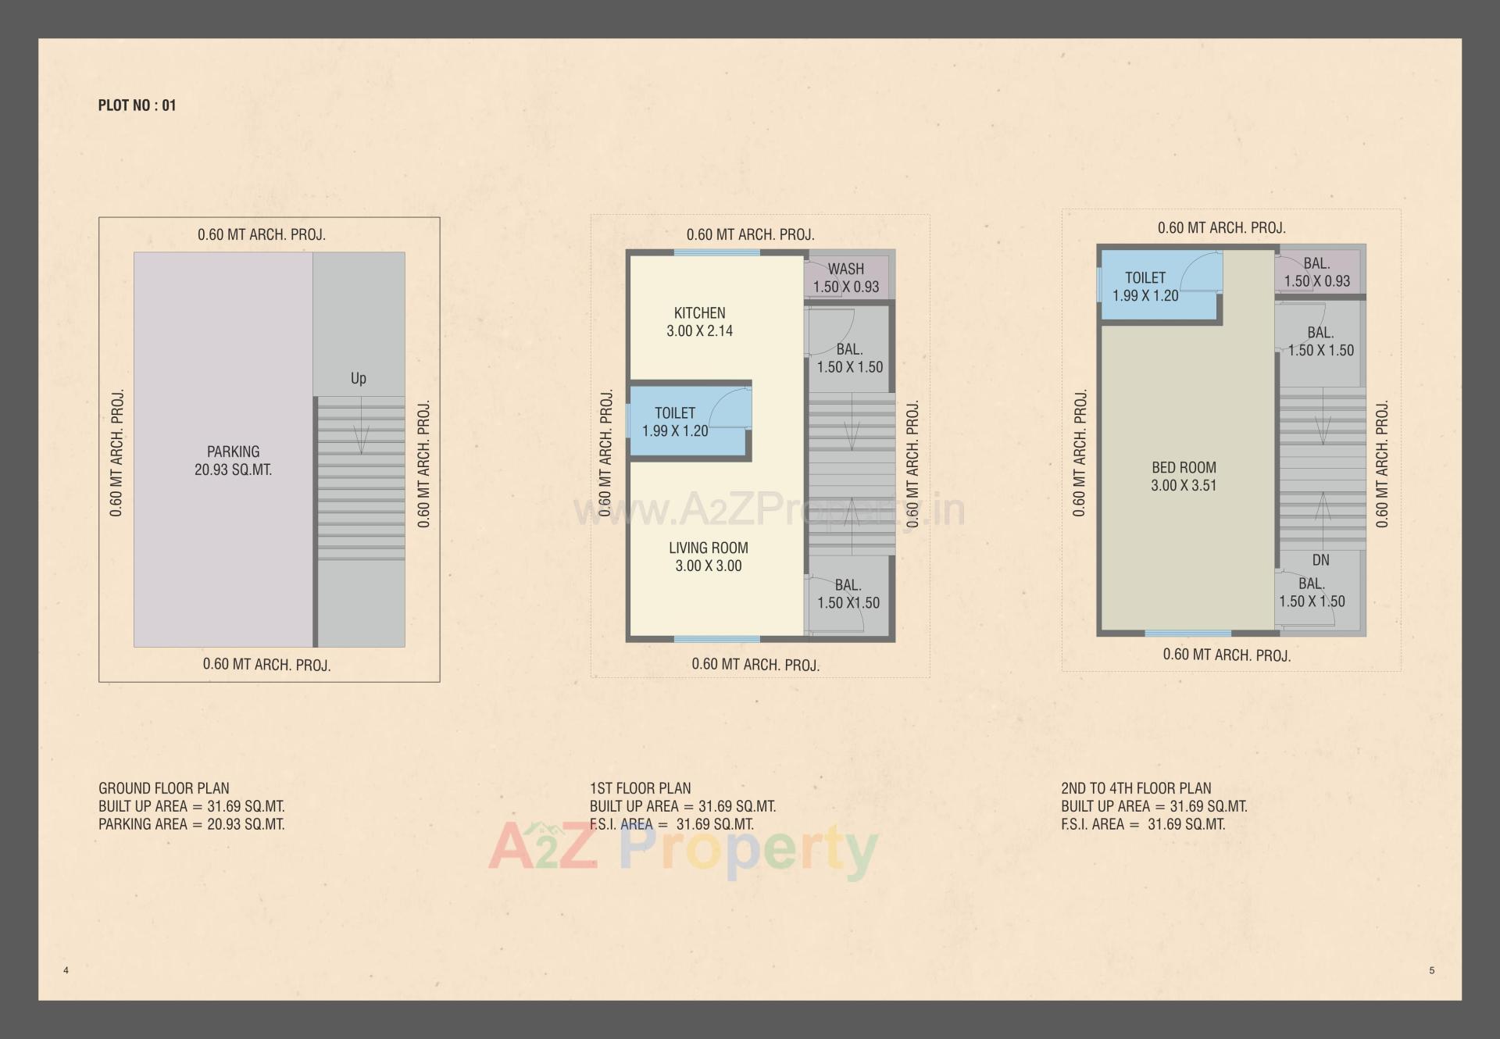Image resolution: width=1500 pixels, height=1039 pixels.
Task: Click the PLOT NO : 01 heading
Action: tap(137, 105)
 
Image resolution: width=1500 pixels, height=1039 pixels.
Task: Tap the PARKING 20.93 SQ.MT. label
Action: tap(233, 461)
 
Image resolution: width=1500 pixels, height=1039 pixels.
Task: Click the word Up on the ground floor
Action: tap(358, 378)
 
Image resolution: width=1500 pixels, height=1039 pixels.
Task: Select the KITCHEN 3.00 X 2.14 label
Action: tap(699, 322)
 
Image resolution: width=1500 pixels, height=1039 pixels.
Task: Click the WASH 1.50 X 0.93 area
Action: tap(846, 277)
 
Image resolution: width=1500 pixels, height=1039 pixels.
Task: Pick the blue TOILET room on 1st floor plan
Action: tap(675, 422)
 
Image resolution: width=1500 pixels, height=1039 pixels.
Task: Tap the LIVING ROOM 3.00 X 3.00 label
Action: tap(708, 557)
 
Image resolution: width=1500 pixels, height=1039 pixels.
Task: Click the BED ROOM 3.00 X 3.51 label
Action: tap(1184, 477)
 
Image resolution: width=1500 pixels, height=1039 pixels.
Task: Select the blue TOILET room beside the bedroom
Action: tap(1145, 286)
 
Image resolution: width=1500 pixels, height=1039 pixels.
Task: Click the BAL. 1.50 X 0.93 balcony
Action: tap(1317, 273)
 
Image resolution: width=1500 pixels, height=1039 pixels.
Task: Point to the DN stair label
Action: tap(1320, 560)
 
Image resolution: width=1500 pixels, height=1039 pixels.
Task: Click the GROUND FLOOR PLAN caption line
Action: tap(164, 788)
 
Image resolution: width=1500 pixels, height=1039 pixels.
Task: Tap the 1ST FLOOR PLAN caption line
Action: tap(640, 788)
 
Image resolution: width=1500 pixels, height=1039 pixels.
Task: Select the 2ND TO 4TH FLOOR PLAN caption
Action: tap(1136, 788)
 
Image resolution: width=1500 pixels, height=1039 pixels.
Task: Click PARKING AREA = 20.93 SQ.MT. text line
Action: tap(191, 824)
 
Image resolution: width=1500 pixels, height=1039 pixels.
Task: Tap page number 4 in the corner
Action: tap(66, 970)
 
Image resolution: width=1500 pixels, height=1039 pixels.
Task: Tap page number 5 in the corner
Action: tap(1431, 970)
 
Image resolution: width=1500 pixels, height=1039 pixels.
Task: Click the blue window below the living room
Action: tap(716, 639)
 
